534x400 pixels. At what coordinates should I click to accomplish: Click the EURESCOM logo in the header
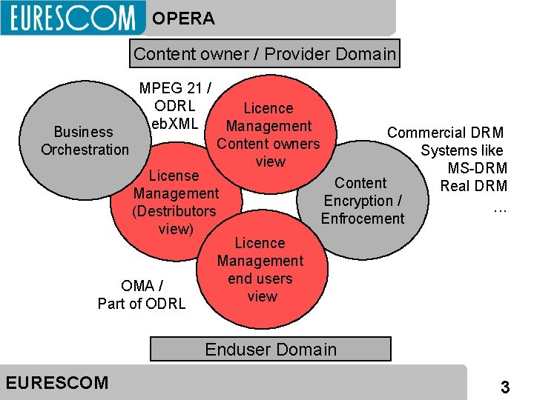click(72, 18)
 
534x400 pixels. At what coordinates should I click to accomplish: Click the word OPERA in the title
click(183, 19)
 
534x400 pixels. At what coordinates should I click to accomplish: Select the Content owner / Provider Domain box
click(265, 53)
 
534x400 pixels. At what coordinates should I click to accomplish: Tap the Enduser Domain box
click(271, 349)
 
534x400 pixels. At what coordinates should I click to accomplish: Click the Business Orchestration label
click(85, 141)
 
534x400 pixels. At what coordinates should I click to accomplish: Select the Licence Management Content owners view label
click(268, 135)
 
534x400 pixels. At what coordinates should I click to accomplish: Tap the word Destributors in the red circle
click(175, 211)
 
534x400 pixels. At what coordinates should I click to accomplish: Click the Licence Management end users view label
click(260, 270)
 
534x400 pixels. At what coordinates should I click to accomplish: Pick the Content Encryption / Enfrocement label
click(363, 201)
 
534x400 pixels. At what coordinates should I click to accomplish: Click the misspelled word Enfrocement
click(363, 219)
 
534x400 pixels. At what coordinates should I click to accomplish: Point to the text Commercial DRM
click(445, 133)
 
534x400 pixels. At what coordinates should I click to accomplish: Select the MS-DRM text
click(477, 169)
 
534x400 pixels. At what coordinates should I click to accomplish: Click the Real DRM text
click(474, 187)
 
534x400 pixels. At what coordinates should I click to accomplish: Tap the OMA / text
click(142, 285)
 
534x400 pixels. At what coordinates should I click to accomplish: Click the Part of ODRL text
click(142, 303)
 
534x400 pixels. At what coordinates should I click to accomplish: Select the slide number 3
click(505, 387)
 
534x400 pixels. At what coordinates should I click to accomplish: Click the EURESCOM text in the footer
click(56, 383)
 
